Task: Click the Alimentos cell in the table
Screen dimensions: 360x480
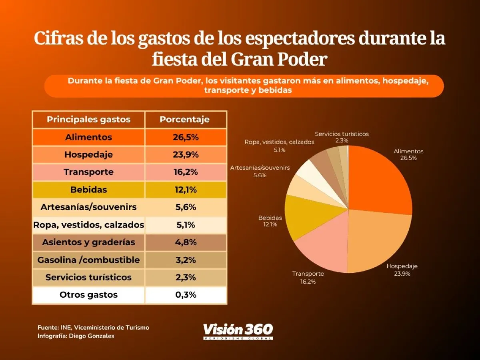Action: pyautogui.click(x=88, y=137)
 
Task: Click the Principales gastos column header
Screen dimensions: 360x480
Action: pyautogui.click(x=88, y=120)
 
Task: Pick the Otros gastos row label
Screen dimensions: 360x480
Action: pyautogui.click(x=88, y=295)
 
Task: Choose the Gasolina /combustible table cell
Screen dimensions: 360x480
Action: pyautogui.click(x=88, y=260)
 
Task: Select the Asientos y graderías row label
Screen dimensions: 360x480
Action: pyautogui.click(x=88, y=242)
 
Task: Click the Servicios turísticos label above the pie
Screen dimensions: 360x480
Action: pyautogui.click(x=342, y=134)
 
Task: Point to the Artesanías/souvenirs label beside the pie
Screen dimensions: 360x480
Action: pyautogui.click(x=260, y=168)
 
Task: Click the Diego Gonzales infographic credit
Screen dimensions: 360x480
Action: pyautogui.click(x=76, y=336)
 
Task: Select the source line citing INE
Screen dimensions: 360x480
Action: pyautogui.click(x=93, y=328)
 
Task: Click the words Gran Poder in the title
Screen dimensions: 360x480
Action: pyautogui.click(x=279, y=59)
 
